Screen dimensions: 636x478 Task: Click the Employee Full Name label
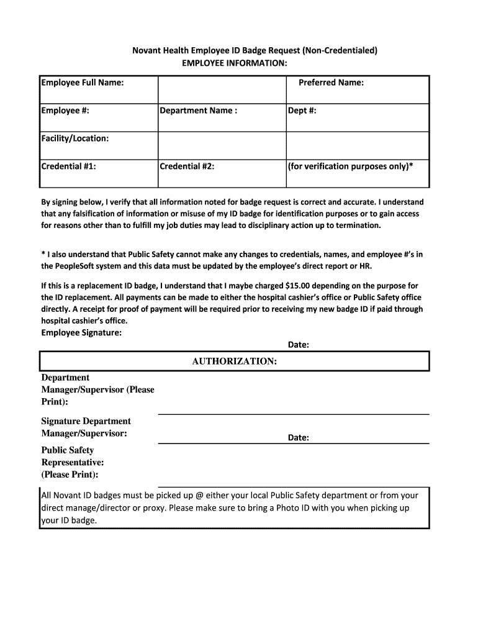82,83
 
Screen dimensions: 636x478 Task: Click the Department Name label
198,111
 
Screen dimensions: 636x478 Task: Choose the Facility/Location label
75,139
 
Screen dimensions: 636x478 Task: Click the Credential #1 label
68,166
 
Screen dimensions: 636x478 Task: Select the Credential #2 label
187,166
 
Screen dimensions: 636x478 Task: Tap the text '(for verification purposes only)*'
350,166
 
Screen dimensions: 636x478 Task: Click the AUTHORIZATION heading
234,361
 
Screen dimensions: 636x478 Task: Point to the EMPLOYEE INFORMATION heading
234,63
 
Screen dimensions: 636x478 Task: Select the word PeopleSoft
86,266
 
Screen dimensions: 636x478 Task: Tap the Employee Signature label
81,333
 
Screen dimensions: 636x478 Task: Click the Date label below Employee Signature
298,345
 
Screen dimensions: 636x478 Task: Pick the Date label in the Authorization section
298,438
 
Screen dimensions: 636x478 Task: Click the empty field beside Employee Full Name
222,89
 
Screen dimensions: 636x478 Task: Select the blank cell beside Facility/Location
222,145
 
